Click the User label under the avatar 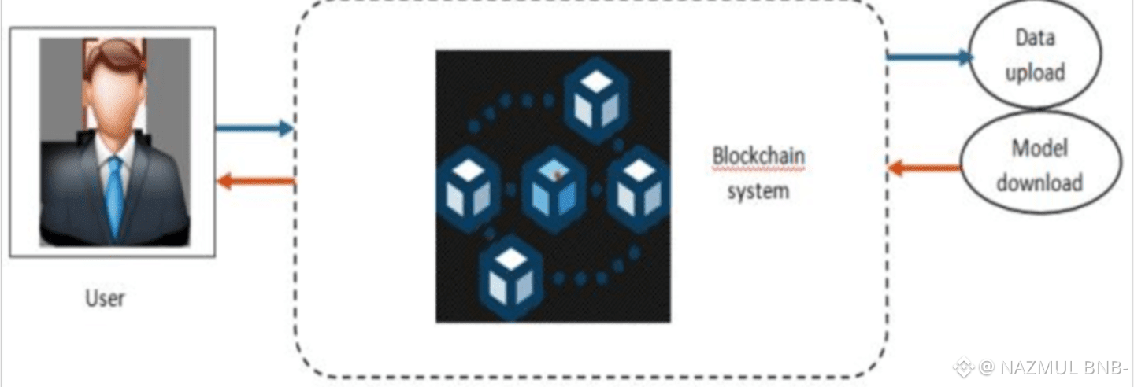tap(105, 299)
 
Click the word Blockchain tap(758, 155)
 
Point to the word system tap(758, 191)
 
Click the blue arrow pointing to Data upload tap(930, 57)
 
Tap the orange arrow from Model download tap(925, 168)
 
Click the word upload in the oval tap(1034, 72)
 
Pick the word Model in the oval tap(1039, 147)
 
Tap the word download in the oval tap(1039, 182)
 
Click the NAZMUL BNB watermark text tap(1053, 367)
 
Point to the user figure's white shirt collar tap(114, 151)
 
